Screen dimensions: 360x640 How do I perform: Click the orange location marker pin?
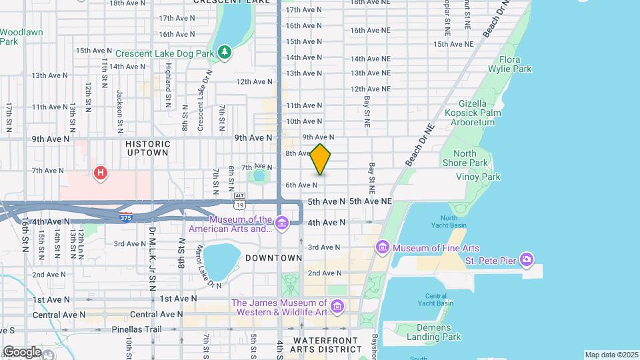pyautogui.click(x=320, y=160)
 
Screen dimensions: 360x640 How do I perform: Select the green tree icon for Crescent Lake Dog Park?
pyautogui.click(x=225, y=52)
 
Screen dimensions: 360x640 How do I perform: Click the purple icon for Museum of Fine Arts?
pyautogui.click(x=383, y=249)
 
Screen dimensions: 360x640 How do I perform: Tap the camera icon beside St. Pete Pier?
pyautogui.click(x=527, y=259)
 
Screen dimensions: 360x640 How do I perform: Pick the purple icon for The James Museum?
pyautogui.click(x=337, y=307)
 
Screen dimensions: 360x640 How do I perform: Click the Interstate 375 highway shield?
pyautogui.click(x=127, y=217)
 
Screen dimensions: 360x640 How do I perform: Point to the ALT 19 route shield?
pyautogui.click(x=239, y=199)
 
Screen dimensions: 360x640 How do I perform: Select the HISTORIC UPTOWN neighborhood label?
pyautogui.click(x=148, y=148)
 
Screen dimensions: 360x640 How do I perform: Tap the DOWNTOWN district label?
pyautogui.click(x=274, y=257)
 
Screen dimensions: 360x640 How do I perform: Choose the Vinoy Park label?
pyautogui.click(x=477, y=177)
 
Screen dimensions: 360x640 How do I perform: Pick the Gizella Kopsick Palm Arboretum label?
pyautogui.click(x=471, y=113)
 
